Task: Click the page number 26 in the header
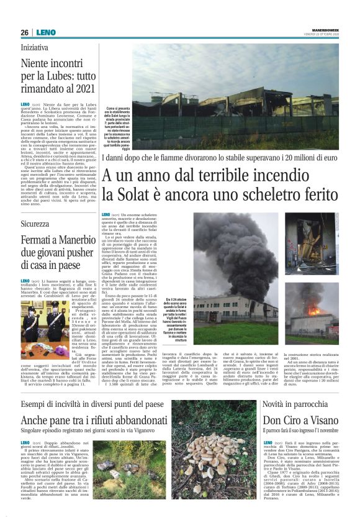24,32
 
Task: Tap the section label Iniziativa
35,47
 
